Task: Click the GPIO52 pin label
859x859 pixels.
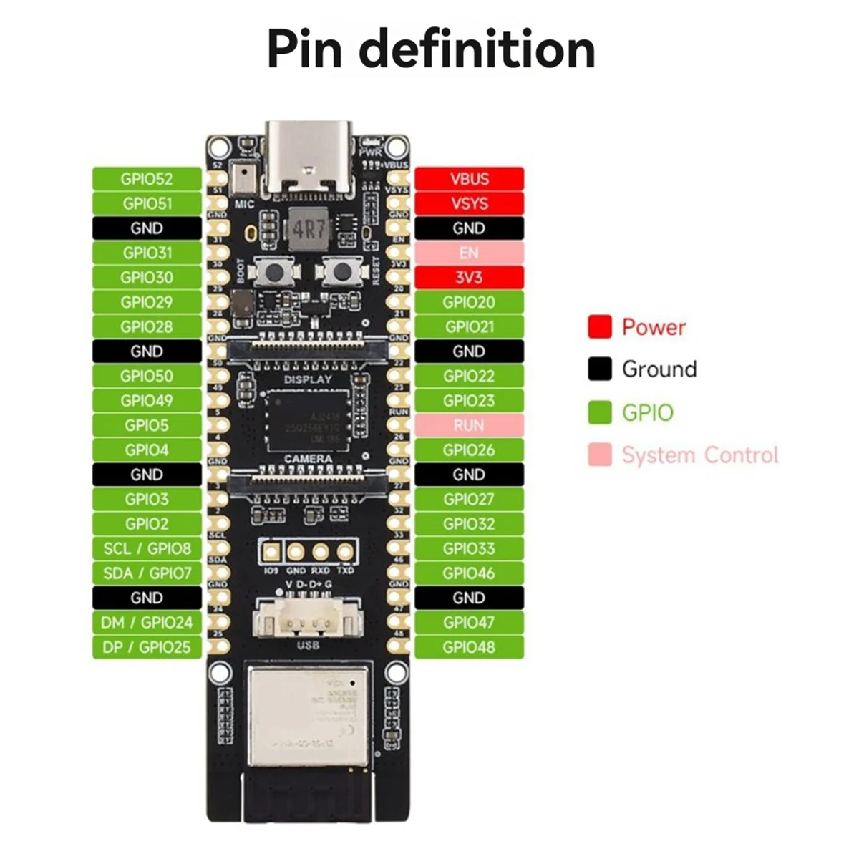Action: [x=147, y=179]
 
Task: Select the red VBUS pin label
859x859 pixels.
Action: [x=469, y=179]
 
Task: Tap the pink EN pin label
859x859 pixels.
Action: [x=469, y=253]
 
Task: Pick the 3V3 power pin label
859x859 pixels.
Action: [x=469, y=278]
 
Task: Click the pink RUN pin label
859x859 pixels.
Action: [x=469, y=425]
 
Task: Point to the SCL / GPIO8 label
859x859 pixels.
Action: [x=147, y=548]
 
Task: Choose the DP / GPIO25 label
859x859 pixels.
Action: [x=147, y=647]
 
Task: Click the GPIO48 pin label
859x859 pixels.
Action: [x=469, y=647]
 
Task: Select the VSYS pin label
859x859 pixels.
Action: [x=469, y=203]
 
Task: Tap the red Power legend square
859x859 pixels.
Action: [x=600, y=327]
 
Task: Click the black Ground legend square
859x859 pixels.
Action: [x=600, y=369]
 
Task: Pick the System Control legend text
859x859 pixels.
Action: [x=699, y=455]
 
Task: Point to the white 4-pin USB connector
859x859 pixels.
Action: [x=308, y=617]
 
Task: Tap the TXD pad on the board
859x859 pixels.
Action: [x=346, y=552]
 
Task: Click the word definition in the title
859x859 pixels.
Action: [x=477, y=50]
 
